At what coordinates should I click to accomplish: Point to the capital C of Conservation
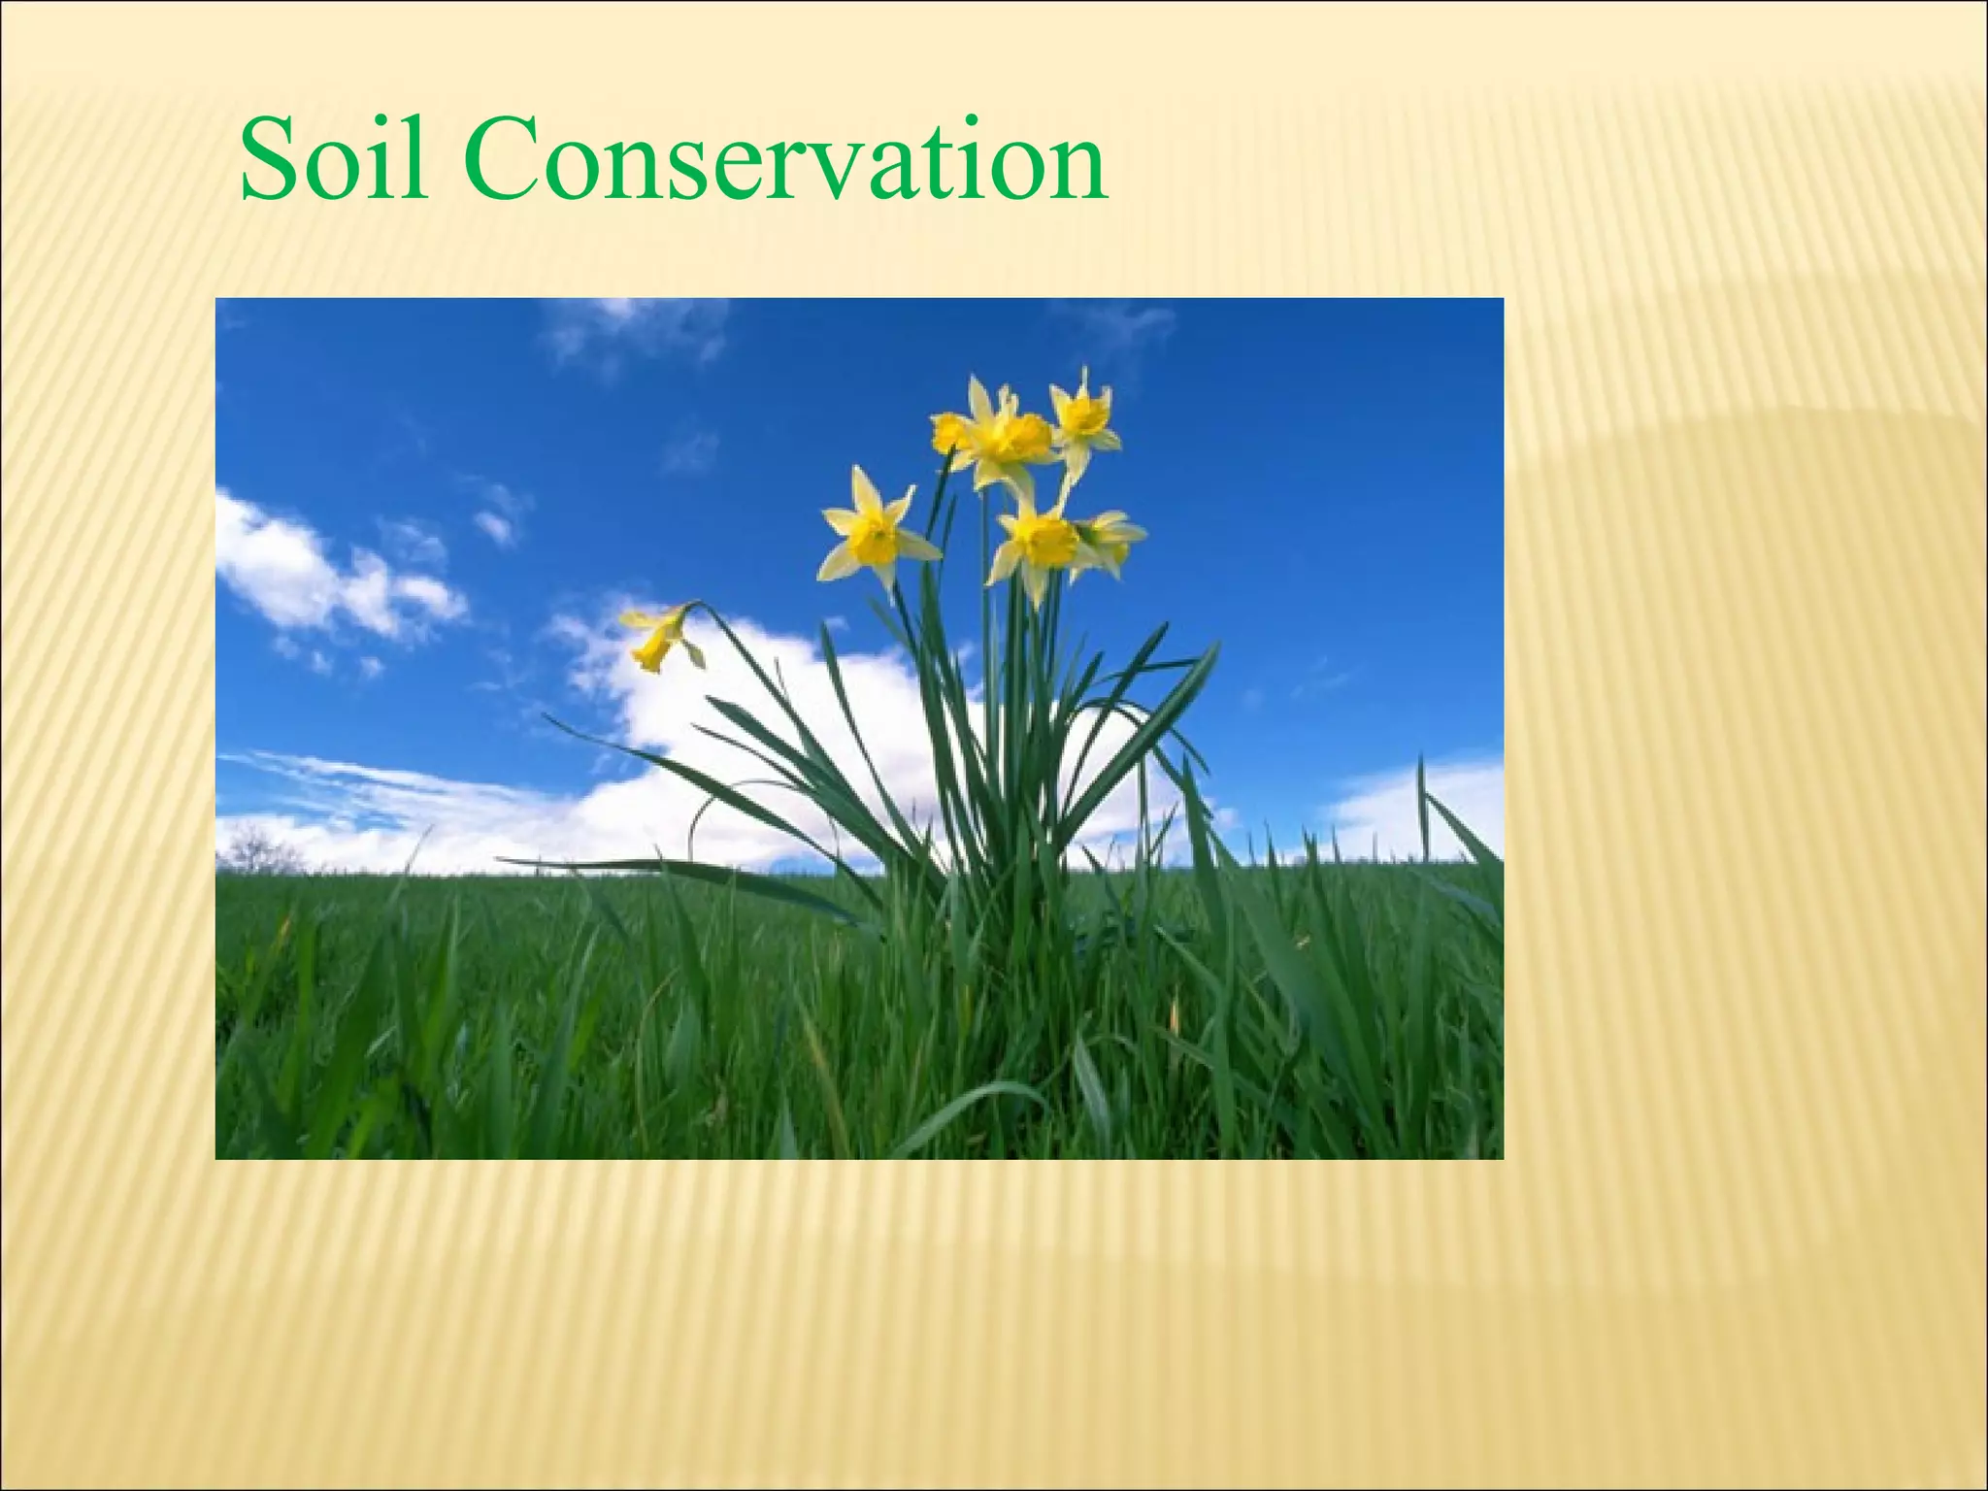tap(502, 159)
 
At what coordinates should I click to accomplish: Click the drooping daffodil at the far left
tap(663, 636)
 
